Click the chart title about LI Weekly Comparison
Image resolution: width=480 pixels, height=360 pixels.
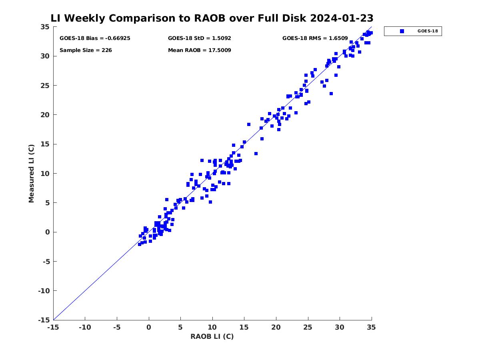(x=212, y=18)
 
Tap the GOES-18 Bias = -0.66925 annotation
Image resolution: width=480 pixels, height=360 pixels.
(x=95, y=38)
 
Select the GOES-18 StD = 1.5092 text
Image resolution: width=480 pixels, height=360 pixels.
(x=199, y=38)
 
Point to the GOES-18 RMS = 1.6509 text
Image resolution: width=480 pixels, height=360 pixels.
(x=315, y=38)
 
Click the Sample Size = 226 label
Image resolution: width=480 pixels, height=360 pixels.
(x=86, y=50)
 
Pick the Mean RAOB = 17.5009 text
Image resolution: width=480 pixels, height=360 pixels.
(x=199, y=50)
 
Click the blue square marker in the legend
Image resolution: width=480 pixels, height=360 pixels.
(x=402, y=31)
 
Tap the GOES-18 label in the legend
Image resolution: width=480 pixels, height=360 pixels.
(x=428, y=31)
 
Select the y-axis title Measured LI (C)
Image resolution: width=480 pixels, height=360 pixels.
(x=31, y=173)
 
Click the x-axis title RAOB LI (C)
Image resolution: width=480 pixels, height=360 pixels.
(x=212, y=336)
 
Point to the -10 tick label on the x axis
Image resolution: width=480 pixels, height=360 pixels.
(x=85, y=327)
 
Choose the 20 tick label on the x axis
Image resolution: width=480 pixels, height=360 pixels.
(x=276, y=327)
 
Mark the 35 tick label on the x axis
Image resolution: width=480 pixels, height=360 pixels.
(x=371, y=327)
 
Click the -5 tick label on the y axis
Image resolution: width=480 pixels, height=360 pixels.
(x=46, y=262)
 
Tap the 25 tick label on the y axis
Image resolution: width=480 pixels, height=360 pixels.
(x=45, y=86)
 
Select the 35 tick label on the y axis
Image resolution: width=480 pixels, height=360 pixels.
(x=45, y=27)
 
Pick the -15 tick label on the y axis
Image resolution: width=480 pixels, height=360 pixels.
(x=44, y=320)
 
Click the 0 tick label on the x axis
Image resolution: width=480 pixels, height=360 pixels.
(x=149, y=327)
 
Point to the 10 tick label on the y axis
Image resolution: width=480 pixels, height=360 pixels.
(x=45, y=174)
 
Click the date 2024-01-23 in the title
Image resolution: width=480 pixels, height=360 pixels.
(x=342, y=18)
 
